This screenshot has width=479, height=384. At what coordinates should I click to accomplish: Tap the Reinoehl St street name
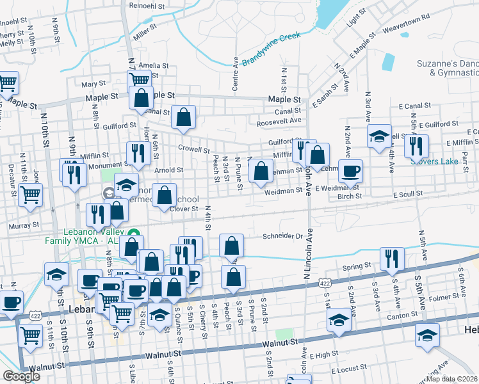(147, 4)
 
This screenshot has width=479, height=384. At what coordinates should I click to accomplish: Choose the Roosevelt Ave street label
(279, 120)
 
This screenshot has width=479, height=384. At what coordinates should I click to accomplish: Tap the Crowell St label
(194, 150)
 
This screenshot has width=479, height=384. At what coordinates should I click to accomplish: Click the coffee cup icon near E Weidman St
(350, 171)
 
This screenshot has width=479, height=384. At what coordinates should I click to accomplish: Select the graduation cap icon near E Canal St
(379, 135)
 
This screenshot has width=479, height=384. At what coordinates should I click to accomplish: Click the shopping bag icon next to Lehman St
(261, 171)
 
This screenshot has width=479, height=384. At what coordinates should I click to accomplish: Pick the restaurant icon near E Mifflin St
(416, 145)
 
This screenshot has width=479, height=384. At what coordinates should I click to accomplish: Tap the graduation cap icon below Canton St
(338, 319)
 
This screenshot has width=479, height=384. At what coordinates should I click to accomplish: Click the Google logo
(21, 376)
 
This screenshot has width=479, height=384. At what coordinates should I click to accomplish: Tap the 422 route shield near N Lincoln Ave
(325, 282)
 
